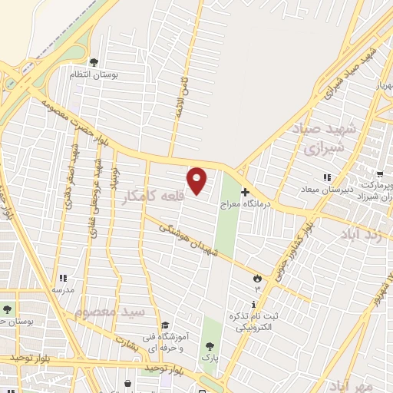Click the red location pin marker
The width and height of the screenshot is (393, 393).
click(x=197, y=180)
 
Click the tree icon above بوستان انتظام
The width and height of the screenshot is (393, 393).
click(x=94, y=62)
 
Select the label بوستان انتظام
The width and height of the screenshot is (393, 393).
click(x=93, y=74)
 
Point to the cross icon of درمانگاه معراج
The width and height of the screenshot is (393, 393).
click(x=245, y=192)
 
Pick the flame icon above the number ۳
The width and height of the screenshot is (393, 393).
click(x=257, y=278)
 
